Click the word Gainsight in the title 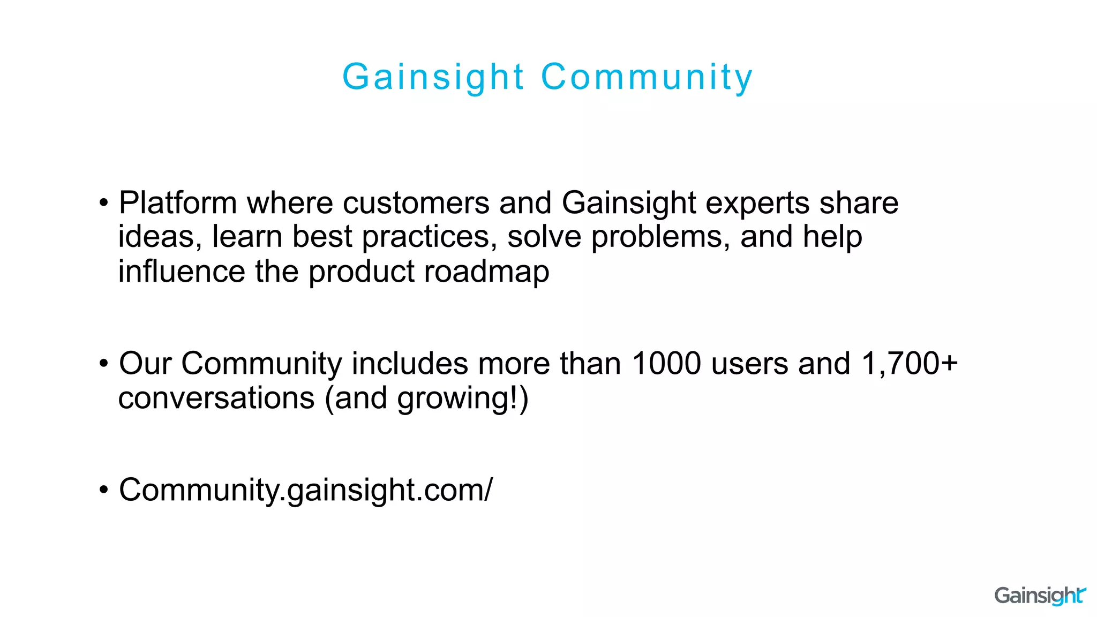pos(433,77)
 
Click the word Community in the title pos(647,77)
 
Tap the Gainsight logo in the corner pos(1040,596)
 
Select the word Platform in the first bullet pos(178,203)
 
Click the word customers pos(416,203)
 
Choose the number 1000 pos(666,364)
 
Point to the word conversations pos(216,398)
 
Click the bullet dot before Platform pos(104,204)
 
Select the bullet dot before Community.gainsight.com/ pos(104,491)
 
